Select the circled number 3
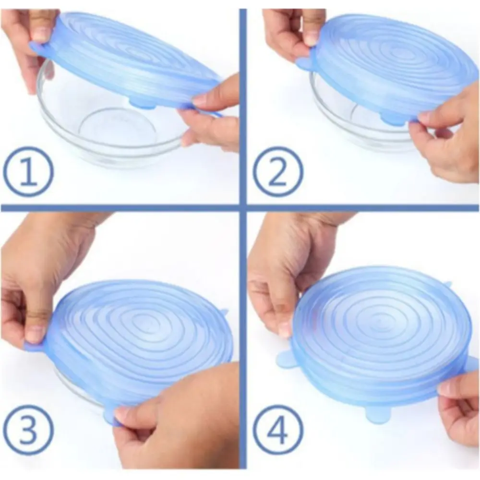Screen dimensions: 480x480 28,431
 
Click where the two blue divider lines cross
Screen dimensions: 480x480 243,208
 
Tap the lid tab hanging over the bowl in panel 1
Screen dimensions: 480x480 141,102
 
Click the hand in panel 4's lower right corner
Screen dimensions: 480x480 458,408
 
